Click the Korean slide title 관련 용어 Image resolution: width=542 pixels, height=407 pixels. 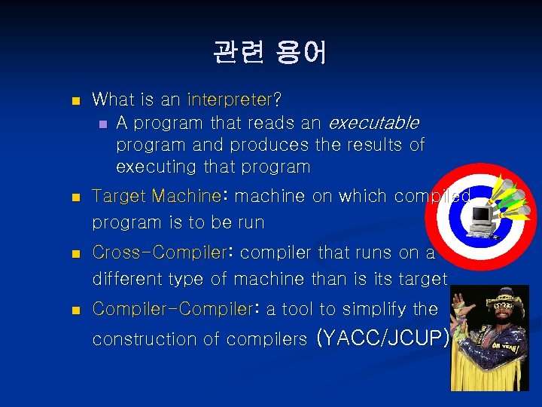pos(269,52)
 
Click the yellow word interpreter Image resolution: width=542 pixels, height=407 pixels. pos(228,99)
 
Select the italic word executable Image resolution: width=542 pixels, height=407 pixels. pos(374,122)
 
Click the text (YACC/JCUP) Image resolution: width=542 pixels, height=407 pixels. pos(384,338)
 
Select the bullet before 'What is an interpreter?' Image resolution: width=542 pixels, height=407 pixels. pos(73,100)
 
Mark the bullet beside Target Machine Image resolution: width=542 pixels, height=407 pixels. pos(73,197)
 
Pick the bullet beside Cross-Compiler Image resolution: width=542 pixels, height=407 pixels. pos(73,254)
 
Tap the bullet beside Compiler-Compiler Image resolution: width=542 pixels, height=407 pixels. pos(73,311)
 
